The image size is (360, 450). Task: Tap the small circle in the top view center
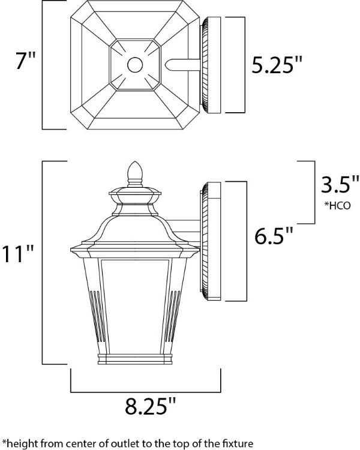click(x=135, y=65)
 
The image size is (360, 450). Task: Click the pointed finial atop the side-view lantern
click(x=135, y=172)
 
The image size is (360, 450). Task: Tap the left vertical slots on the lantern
click(x=95, y=315)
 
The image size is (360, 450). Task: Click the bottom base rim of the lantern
click(x=135, y=361)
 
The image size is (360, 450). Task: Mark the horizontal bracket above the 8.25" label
click(x=146, y=387)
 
